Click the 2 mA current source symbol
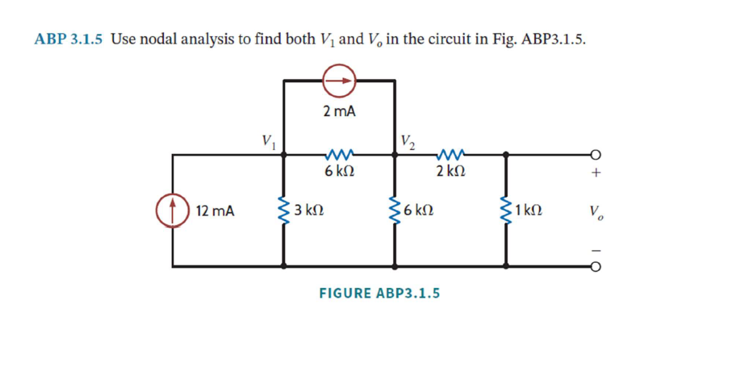[x=339, y=81]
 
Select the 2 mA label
[x=339, y=111]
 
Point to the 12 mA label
[x=216, y=211]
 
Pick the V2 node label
[x=408, y=142]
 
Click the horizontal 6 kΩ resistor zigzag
[x=338, y=156]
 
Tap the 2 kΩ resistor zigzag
[x=450, y=156]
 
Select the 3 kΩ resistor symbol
[x=283, y=210]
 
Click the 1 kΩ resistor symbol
[x=506, y=210]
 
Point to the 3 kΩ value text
[x=309, y=211]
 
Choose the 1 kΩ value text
[x=529, y=211]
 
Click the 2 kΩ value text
[x=450, y=172]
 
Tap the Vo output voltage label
[x=596, y=213]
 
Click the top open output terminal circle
[x=596, y=156]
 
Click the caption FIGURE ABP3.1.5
[x=379, y=293]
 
